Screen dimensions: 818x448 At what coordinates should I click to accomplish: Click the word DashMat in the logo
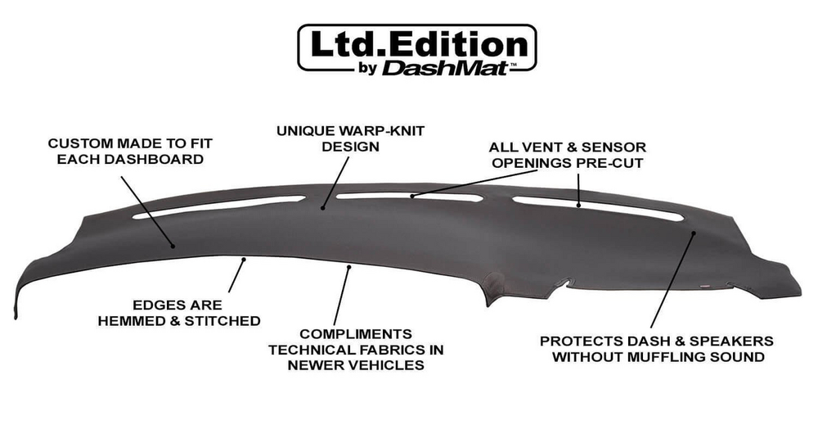[445, 67]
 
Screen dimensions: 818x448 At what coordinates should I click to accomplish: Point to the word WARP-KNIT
[382, 130]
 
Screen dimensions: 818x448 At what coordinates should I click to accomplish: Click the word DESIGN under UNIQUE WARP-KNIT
[351, 147]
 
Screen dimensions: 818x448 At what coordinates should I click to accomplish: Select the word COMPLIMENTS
[356, 334]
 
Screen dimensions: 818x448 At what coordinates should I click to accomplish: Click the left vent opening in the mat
[218, 206]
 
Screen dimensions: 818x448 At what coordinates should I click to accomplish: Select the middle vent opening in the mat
[409, 197]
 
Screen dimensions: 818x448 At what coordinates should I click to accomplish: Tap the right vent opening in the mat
[598, 208]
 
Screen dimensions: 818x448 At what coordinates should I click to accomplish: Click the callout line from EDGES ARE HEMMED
[236, 275]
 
